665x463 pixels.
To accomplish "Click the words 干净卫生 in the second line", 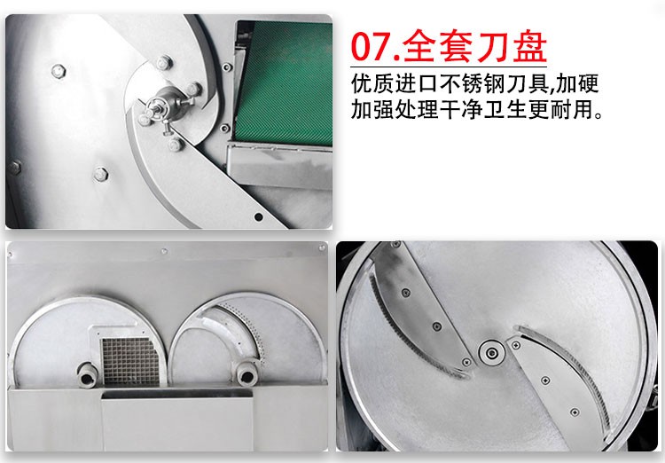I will pyautogui.click(x=495, y=113).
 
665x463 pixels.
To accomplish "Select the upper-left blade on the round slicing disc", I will pyautogui.click(x=417, y=310).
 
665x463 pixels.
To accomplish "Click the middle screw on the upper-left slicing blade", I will pyautogui.click(x=438, y=326).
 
